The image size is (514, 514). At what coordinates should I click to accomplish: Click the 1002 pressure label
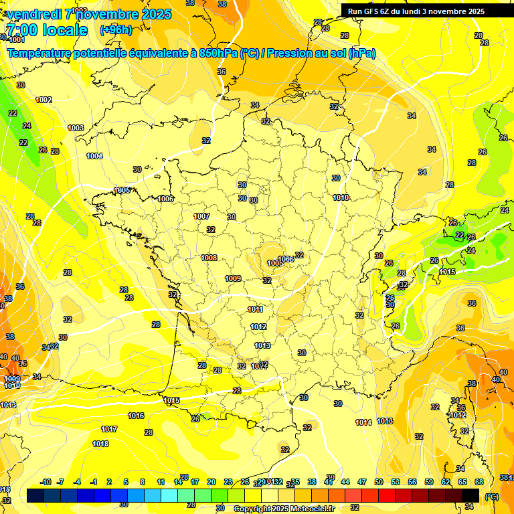coord(44,100)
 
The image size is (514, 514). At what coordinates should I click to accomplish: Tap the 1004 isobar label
coord(94,156)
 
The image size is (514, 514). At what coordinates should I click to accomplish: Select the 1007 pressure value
coord(201,216)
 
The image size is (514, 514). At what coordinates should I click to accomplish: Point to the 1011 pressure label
coord(255,309)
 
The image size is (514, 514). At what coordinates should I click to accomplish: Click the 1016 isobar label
coord(136,416)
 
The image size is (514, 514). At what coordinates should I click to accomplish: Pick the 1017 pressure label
coord(110,429)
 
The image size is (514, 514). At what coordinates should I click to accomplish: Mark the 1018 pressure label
coord(100,444)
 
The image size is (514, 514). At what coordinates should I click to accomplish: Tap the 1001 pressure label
coord(17,39)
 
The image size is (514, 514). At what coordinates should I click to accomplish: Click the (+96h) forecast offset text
coord(116,30)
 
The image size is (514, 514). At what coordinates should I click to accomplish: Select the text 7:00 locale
coord(46,30)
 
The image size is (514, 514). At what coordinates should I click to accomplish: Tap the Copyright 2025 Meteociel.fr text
coord(284,509)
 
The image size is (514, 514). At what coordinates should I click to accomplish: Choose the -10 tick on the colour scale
coord(46,482)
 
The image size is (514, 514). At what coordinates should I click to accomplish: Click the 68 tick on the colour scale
coord(479,482)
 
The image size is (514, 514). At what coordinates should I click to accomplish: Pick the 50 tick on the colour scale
coord(379,482)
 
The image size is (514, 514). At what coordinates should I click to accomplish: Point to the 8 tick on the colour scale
coord(143,482)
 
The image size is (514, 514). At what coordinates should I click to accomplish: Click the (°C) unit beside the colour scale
coord(492,497)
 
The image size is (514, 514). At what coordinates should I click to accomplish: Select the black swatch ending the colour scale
coord(470,495)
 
